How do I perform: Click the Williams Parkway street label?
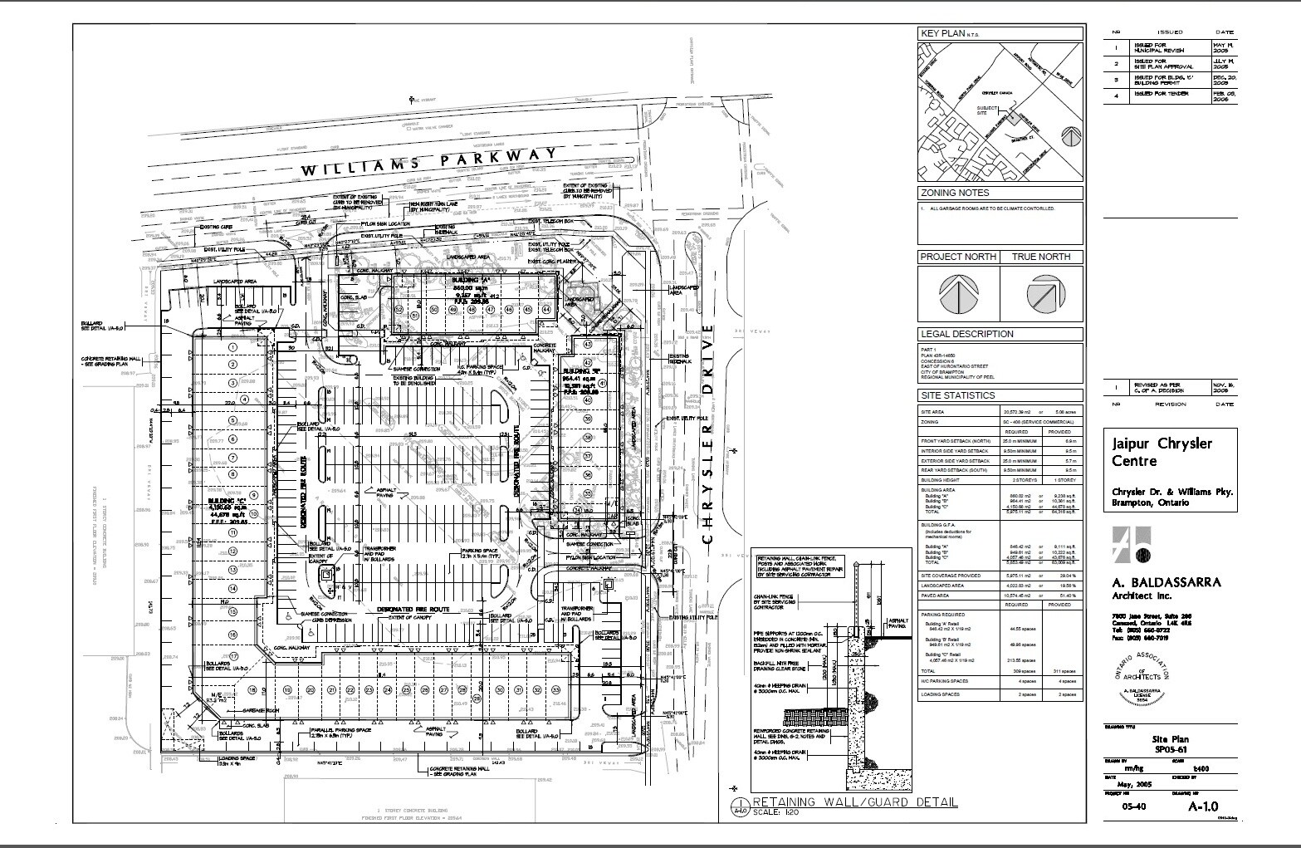point(428,162)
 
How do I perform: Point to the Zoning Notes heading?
point(954,193)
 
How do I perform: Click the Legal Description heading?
point(966,334)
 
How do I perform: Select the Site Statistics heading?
point(956,395)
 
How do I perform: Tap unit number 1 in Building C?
point(233,347)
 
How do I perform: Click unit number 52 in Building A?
point(399,309)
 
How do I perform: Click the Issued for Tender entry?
point(1162,94)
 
